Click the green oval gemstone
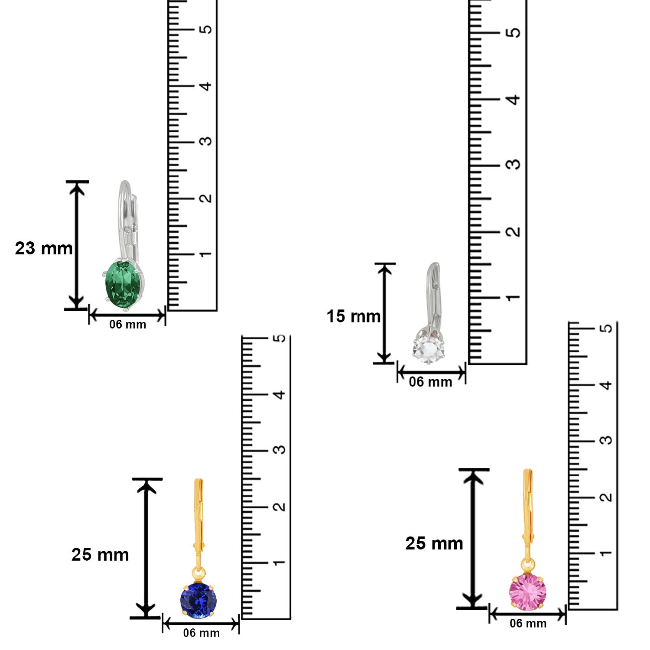pos(124,285)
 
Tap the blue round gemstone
pos(198,600)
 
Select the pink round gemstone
pos(527,592)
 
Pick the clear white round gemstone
pos(428,348)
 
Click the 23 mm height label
pos(44,248)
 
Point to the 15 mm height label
pos(354,316)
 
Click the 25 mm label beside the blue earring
pos(100,555)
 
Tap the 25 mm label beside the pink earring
pos(434,543)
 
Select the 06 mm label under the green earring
pos(127,325)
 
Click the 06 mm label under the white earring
pos(430,382)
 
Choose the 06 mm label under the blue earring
pos(201,633)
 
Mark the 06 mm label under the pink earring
pos(528,624)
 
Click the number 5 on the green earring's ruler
pos(206,29)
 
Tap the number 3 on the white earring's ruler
pos(513,165)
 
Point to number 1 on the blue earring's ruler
pos(279,562)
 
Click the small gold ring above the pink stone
pos(527,565)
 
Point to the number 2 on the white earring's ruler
pos(513,231)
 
